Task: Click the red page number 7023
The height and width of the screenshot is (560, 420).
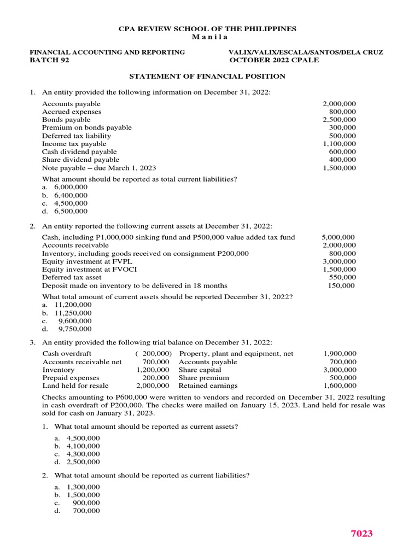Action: point(361,533)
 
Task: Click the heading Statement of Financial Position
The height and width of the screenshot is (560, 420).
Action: point(207,77)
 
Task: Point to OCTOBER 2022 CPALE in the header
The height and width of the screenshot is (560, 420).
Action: point(274,60)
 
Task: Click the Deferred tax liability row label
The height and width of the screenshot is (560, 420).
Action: point(77,136)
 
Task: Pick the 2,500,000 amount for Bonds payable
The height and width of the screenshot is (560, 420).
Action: point(339,120)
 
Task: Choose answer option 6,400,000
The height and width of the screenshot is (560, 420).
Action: point(71,195)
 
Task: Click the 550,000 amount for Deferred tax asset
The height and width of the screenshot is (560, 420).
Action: point(343,278)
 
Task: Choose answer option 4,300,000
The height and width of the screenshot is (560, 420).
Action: point(83,454)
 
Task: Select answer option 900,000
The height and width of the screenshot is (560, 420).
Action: point(86,503)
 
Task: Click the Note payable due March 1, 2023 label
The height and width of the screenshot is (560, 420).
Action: point(103,168)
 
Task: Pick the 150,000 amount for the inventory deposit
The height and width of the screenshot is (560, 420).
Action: point(342,285)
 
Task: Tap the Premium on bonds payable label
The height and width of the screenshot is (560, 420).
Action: point(87,127)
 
